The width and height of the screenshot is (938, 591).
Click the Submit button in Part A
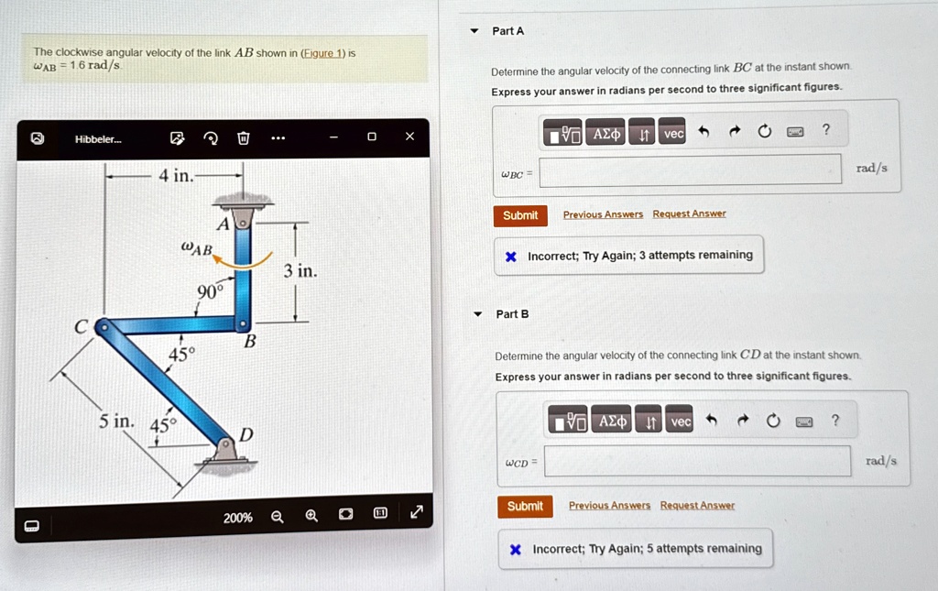pos(520,215)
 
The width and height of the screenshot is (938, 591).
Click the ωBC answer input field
pos(691,170)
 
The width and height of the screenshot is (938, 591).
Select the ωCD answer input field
pos(697,461)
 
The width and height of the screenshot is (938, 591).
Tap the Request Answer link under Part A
pos(689,213)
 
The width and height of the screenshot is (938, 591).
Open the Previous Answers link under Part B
pos(609,506)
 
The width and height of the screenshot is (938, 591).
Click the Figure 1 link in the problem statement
pos(323,53)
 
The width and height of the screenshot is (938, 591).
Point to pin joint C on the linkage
pos(104,326)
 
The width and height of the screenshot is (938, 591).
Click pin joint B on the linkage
pos(242,323)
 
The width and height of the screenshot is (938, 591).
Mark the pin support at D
pos(225,450)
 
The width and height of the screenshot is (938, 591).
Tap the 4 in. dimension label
pos(176,176)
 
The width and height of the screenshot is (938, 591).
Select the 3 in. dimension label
pos(300,271)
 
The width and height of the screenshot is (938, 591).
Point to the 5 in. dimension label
pos(116,421)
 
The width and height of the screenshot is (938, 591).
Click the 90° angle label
pos(210,291)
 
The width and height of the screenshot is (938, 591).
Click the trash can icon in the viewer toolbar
pos(244,138)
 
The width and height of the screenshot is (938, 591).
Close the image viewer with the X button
pos(409,137)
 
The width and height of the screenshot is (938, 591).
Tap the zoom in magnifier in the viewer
pos(311,516)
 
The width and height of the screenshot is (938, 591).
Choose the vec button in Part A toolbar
pos(673,133)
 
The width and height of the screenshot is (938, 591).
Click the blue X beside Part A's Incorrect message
pos(511,257)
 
